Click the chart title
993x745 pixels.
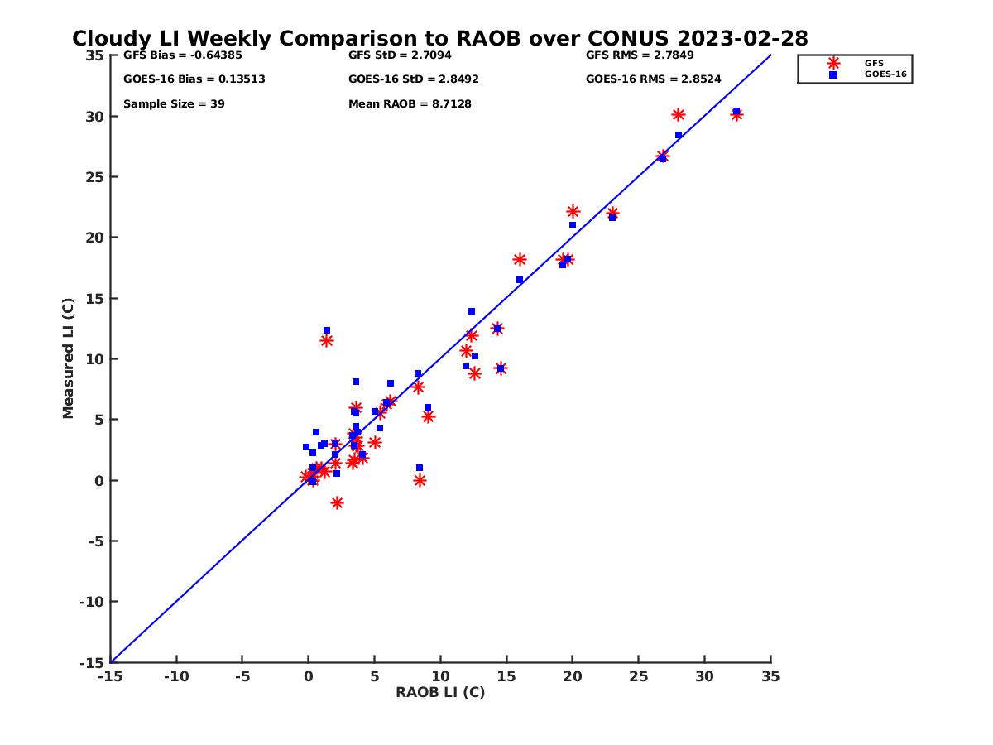click(x=439, y=39)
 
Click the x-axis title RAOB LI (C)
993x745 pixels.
click(x=440, y=692)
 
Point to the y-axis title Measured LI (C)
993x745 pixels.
click(x=69, y=358)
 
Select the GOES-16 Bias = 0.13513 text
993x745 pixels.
click(x=194, y=79)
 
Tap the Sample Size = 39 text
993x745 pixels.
click(x=174, y=104)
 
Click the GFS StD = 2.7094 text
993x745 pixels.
click(x=400, y=55)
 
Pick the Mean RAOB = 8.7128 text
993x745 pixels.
click(x=410, y=104)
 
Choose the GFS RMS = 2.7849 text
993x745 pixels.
click(x=640, y=55)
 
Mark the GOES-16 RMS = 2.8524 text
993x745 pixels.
click(x=653, y=79)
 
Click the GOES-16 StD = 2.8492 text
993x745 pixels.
click(x=413, y=79)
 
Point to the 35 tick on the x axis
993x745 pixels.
click(x=770, y=676)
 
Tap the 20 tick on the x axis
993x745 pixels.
click(x=572, y=676)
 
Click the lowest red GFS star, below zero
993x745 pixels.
click(x=337, y=502)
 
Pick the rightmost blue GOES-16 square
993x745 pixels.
click(x=736, y=111)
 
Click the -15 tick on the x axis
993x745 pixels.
click(x=109, y=676)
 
